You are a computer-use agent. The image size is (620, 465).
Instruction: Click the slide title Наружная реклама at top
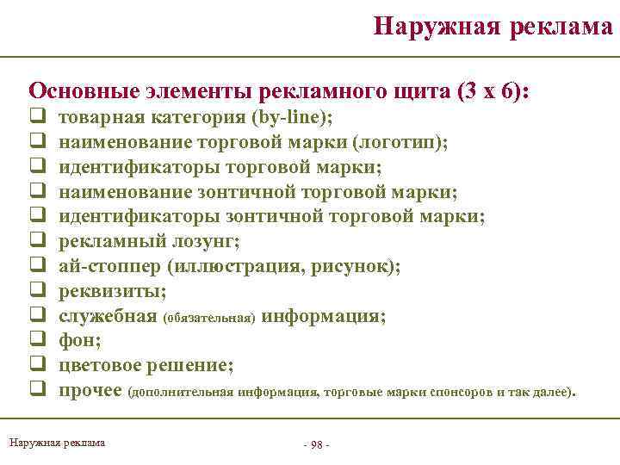pos(493,26)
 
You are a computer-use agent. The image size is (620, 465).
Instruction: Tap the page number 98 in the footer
pos(317,444)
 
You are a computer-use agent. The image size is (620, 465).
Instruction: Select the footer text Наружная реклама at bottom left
pos(57,443)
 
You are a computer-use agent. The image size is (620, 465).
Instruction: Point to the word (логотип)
pos(400,142)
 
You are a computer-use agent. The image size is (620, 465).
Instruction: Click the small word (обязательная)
pos(208,318)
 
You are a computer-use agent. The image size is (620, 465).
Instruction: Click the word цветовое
pos(104,366)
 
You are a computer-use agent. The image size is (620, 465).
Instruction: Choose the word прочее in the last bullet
pos(90,391)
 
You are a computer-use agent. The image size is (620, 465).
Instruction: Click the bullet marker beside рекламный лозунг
pos(38,241)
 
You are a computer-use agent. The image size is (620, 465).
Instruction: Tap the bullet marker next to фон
pos(38,341)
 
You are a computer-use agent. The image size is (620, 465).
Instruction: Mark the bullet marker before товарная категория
pos(38,117)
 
